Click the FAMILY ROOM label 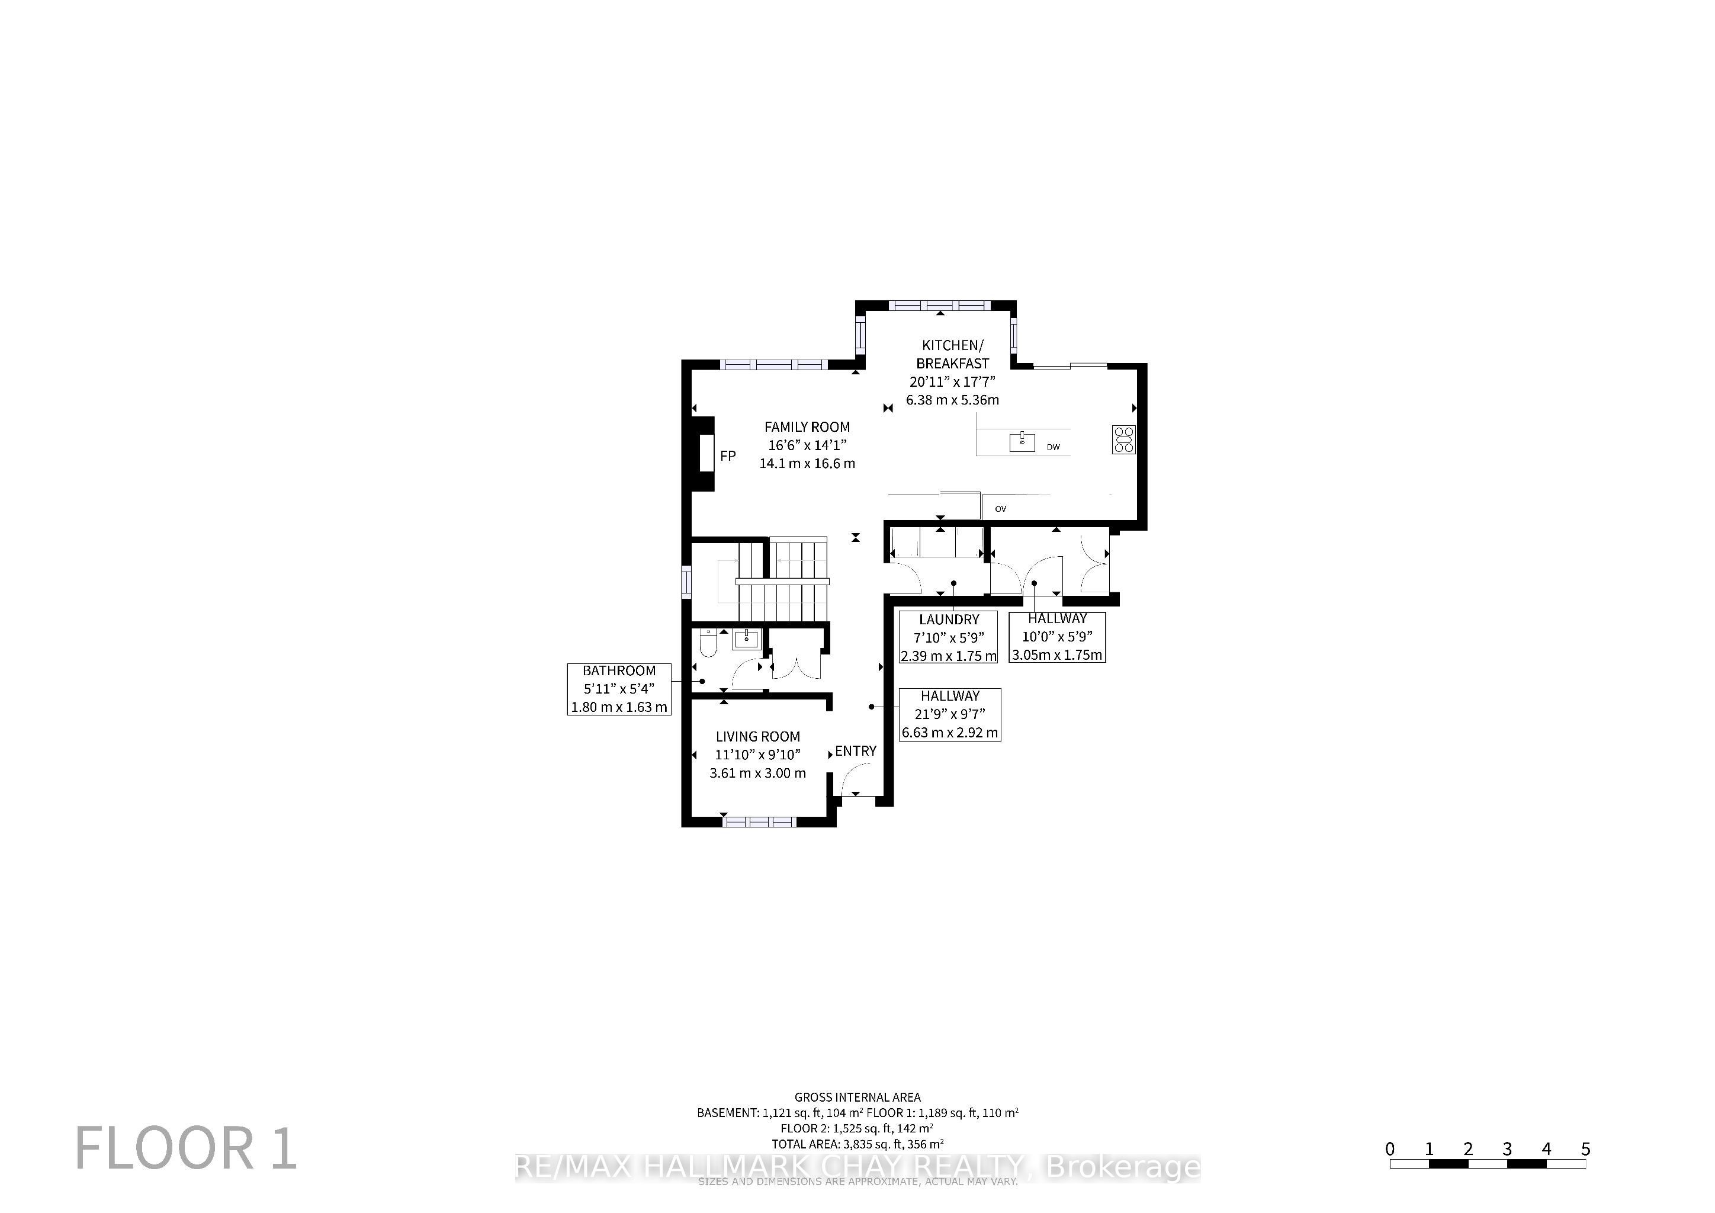click(807, 427)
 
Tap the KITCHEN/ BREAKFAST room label click(952, 354)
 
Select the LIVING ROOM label click(757, 736)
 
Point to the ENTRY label click(855, 750)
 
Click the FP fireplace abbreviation click(728, 455)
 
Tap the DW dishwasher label click(1053, 447)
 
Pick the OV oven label click(1000, 509)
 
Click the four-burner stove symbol click(1124, 439)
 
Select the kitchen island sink click(1022, 442)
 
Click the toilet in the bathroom click(708, 643)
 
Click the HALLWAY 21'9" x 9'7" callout click(949, 714)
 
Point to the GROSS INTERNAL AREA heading click(858, 1098)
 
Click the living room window click(760, 821)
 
